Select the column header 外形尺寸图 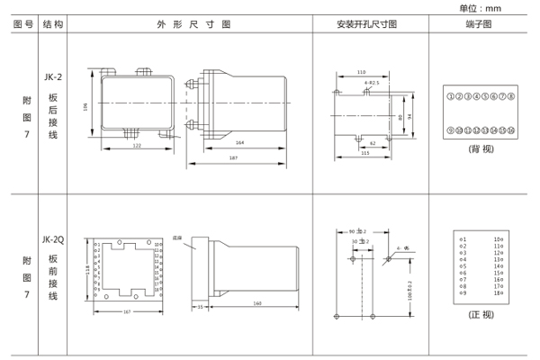tap(193, 25)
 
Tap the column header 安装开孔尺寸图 tap(366, 25)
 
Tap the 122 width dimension tap(137, 144)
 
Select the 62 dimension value tap(372, 142)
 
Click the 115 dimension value tap(365, 153)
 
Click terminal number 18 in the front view tap(498, 294)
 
